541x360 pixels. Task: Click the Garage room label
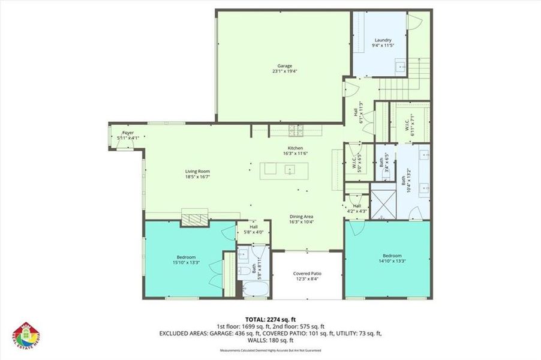point(284,68)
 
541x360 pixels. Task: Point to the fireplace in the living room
point(195,219)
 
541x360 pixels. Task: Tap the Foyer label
point(128,135)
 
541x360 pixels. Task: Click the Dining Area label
point(302,219)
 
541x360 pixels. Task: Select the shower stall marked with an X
point(382,204)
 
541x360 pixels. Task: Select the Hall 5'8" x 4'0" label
point(254,230)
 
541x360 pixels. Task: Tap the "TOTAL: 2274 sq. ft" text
point(270,319)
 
